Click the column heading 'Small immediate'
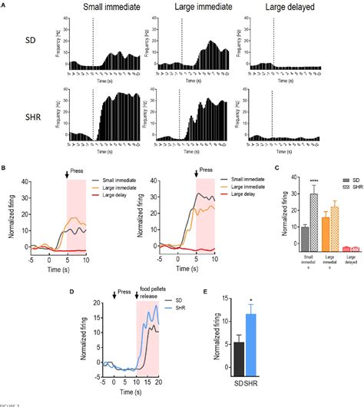113,8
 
